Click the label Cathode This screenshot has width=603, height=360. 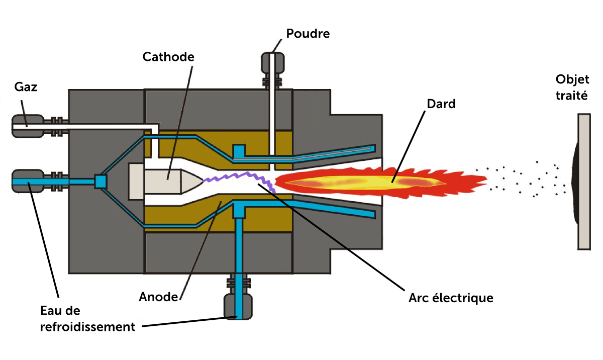(168, 56)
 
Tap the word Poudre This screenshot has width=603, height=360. (308, 34)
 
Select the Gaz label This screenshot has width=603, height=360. (26, 87)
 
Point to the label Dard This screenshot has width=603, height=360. (440, 104)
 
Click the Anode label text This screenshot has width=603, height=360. (158, 297)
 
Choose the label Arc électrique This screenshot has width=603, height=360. (451, 298)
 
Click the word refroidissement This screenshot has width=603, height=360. (88, 327)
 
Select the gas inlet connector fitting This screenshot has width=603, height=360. (28, 126)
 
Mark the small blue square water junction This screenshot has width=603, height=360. (101, 182)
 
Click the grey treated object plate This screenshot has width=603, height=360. (584, 181)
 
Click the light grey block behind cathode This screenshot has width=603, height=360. (136, 181)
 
